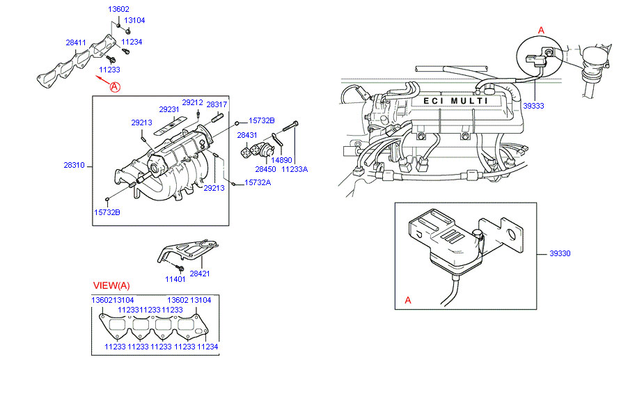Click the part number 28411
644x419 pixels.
[76, 42]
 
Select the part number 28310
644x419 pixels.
[74, 165]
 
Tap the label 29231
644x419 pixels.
[169, 110]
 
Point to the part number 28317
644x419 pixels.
[217, 104]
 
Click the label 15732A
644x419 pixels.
[258, 182]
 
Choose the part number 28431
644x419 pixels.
[247, 135]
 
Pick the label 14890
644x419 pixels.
[281, 160]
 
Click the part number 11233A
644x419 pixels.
[294, 169]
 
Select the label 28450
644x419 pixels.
[265, 169]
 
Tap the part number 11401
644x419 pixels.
[175, 279]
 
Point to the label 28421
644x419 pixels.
[200, 274]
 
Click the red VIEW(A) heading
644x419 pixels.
[111, 285]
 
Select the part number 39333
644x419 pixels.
[533, 106]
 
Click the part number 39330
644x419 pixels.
[560, 253]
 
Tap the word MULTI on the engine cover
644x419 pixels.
[469, 101]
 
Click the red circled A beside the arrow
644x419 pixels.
[115, 87]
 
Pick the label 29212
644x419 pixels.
[193, 103]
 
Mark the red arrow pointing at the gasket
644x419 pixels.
[102, 79]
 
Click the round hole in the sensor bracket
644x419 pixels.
[512, 235]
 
